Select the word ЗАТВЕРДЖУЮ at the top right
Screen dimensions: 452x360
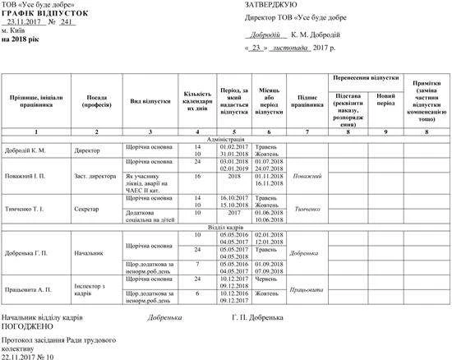click(x=267, y=6)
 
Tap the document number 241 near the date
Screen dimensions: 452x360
click(x=67, y=23)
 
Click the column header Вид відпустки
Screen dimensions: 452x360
click(x=150, y=101)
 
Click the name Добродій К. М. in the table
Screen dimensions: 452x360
click(x=27, y=151)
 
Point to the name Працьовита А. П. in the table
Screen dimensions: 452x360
click(x=31, y=290)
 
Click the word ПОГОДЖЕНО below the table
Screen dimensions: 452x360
click(x=26, y=325)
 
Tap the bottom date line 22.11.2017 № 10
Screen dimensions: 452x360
click(x=27, y=357)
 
